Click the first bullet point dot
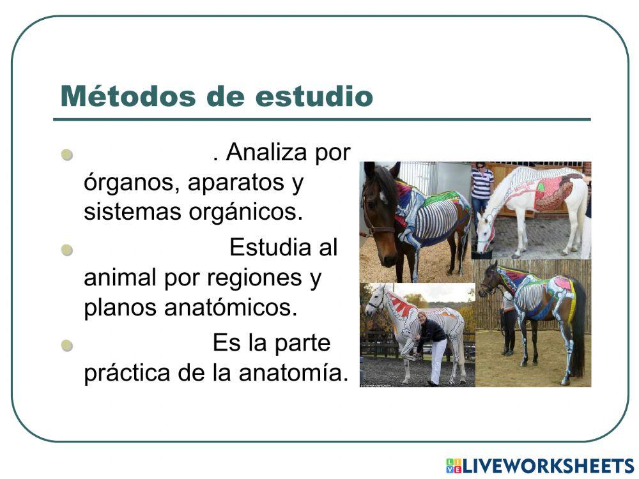click(68, 155)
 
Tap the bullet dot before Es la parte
click(68, 346)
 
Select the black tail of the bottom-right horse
click(578, 338)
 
